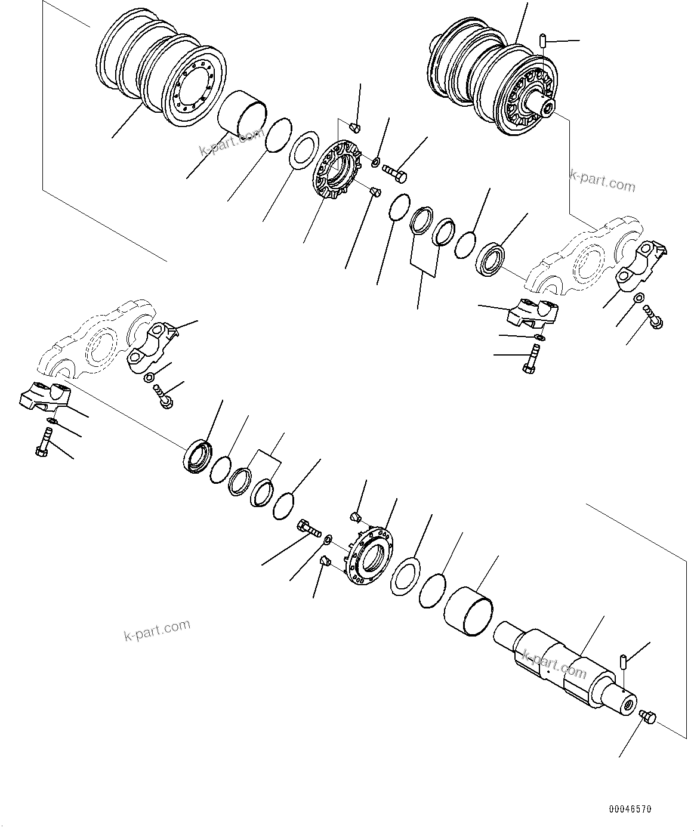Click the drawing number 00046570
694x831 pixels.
630,810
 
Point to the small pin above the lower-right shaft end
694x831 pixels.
622,661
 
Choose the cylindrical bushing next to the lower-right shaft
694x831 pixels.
469,608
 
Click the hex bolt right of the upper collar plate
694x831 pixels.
395,172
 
